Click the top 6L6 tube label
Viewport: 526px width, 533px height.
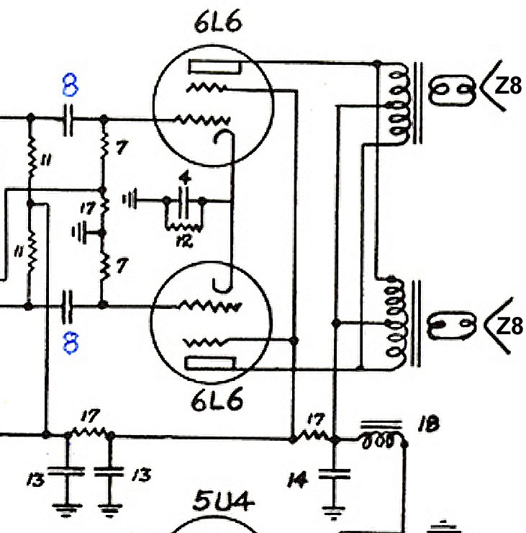(217, 24)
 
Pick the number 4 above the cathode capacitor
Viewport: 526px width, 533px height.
(185, 177)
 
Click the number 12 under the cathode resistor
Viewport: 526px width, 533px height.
(184, 241)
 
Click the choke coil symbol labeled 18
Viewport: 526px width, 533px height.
(379, 438)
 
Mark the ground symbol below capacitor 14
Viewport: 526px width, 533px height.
(333, 512)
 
